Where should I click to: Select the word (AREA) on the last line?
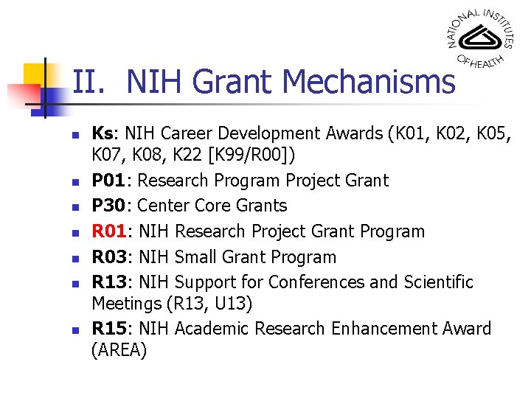coord(119,350)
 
